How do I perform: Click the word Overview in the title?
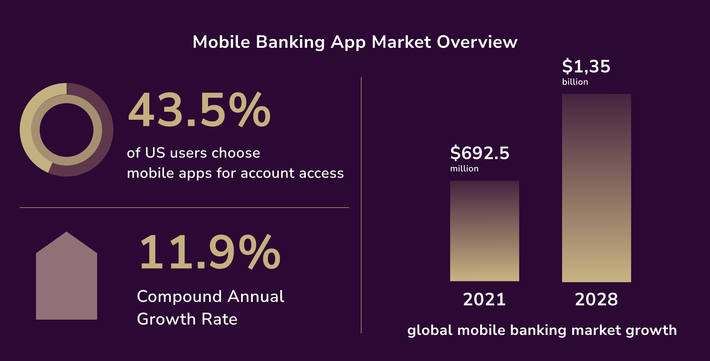477,42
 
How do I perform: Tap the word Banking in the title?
290,43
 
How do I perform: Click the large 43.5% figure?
199,110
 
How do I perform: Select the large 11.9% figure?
210,252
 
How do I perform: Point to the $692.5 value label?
479,153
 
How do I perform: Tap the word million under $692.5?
464,168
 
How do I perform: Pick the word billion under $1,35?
575,82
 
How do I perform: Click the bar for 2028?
596,188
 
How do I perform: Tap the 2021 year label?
484,299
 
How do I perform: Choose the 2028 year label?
596,299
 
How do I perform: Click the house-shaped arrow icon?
66,278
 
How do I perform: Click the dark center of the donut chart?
66,130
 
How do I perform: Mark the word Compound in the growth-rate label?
179,297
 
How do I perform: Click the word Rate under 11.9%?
219,319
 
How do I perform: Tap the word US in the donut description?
155,153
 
